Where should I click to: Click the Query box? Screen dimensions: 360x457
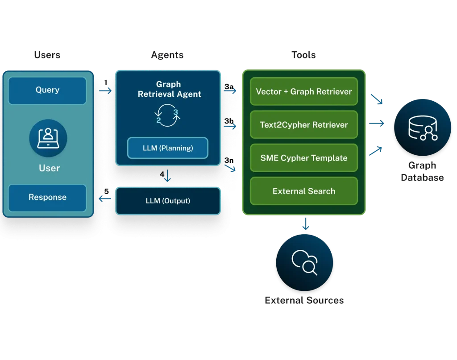(47, 90)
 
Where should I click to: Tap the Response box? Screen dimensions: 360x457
(47, 197)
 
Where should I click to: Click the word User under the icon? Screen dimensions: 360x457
(49, 168)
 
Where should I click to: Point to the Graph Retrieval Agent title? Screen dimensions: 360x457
(169, 89)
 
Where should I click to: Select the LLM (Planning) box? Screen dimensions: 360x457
(167, 148)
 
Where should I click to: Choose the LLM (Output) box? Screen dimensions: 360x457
(168, 201)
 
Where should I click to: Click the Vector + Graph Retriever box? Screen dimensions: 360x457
(304, 91)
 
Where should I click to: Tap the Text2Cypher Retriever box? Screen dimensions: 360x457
(304, 124)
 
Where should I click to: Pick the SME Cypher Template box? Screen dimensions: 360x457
(304, 158)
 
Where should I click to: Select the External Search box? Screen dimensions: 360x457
(304, 191)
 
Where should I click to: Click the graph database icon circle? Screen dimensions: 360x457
(422, 129)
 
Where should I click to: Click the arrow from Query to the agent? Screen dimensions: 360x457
(106, 91)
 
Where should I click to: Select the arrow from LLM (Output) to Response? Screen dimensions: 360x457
(105, 199)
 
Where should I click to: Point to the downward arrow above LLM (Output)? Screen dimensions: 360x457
(167, 176)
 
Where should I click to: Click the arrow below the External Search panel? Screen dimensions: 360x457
(305, 225)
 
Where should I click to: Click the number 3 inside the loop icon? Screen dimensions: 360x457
(175, 112)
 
